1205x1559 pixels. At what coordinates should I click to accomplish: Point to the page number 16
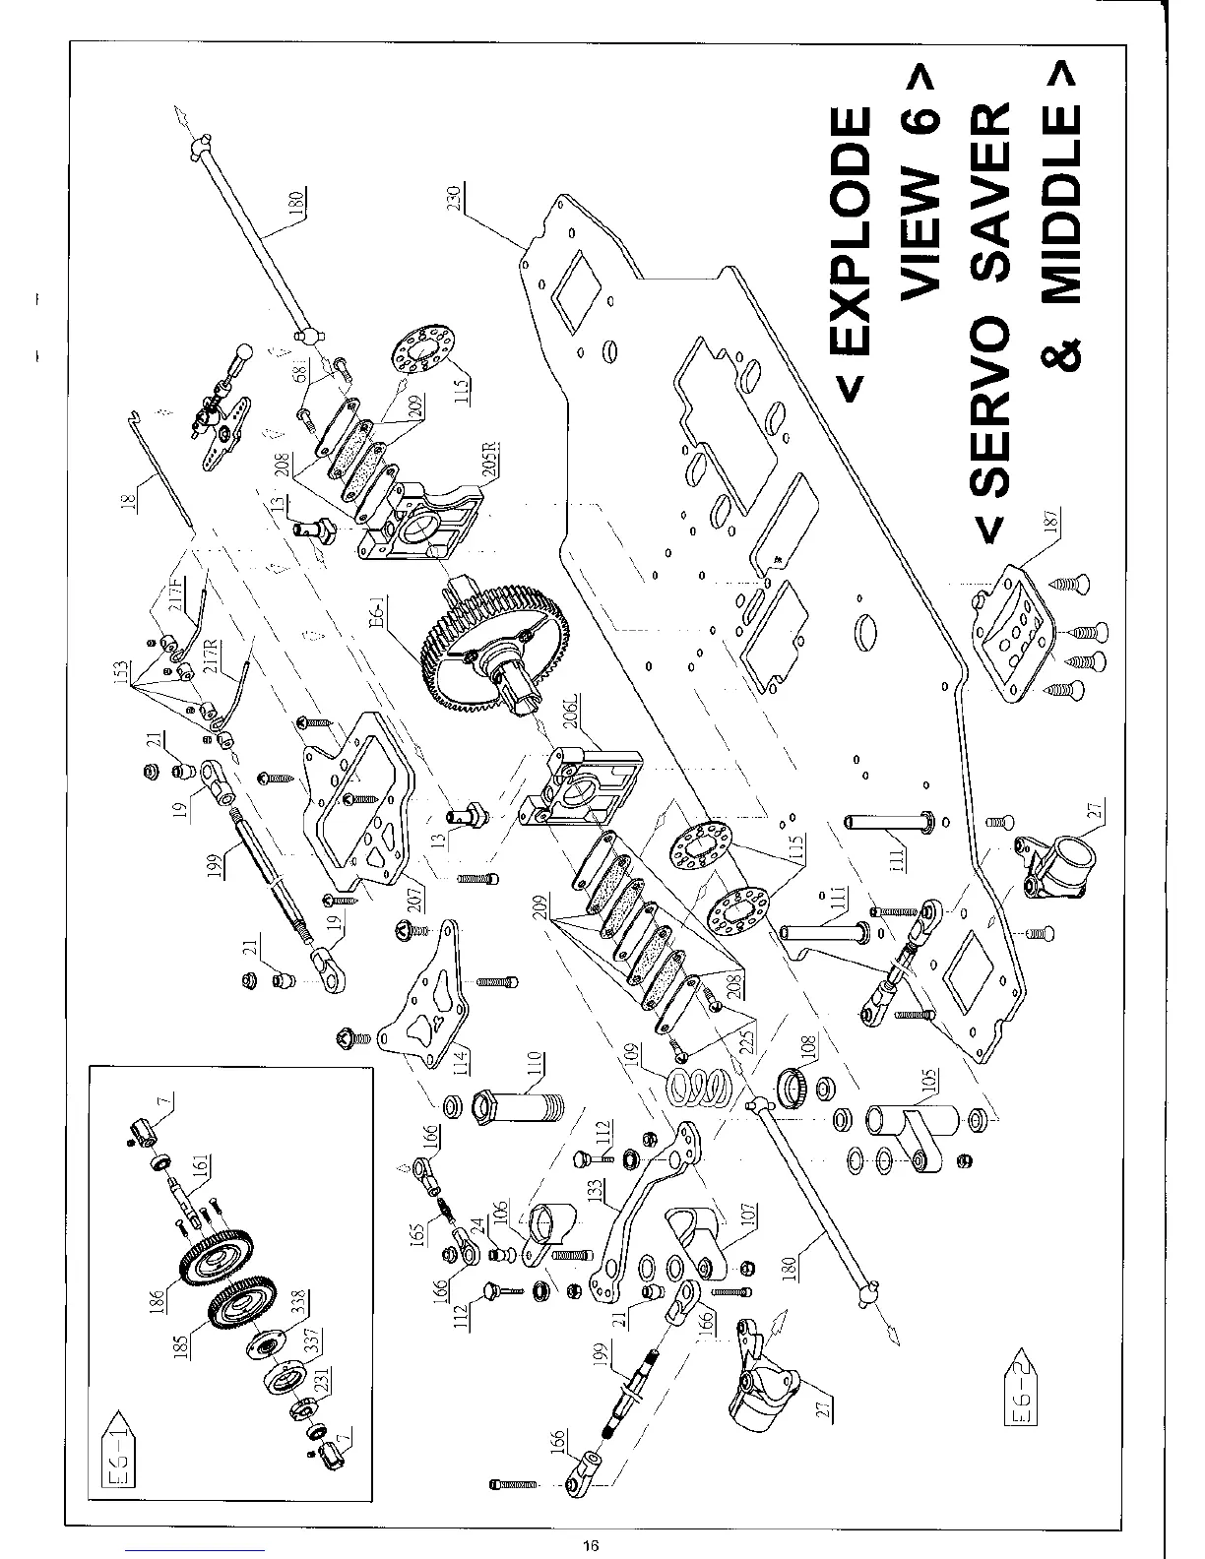click(590, 1543)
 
